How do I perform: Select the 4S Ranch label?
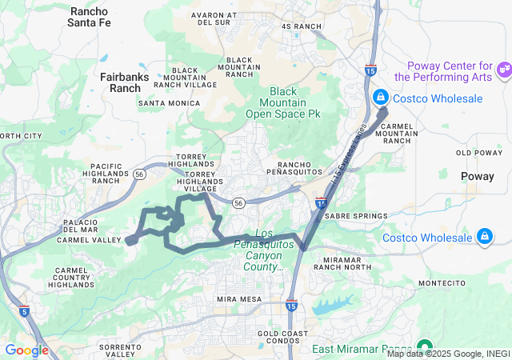(301, 26)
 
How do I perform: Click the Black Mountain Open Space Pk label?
(294, 102)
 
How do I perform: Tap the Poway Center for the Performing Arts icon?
(504, 70)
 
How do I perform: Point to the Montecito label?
(441, 284)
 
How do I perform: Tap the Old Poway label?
(478, 152)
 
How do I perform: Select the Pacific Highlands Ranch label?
(101, 173)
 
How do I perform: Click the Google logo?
(26, 350)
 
